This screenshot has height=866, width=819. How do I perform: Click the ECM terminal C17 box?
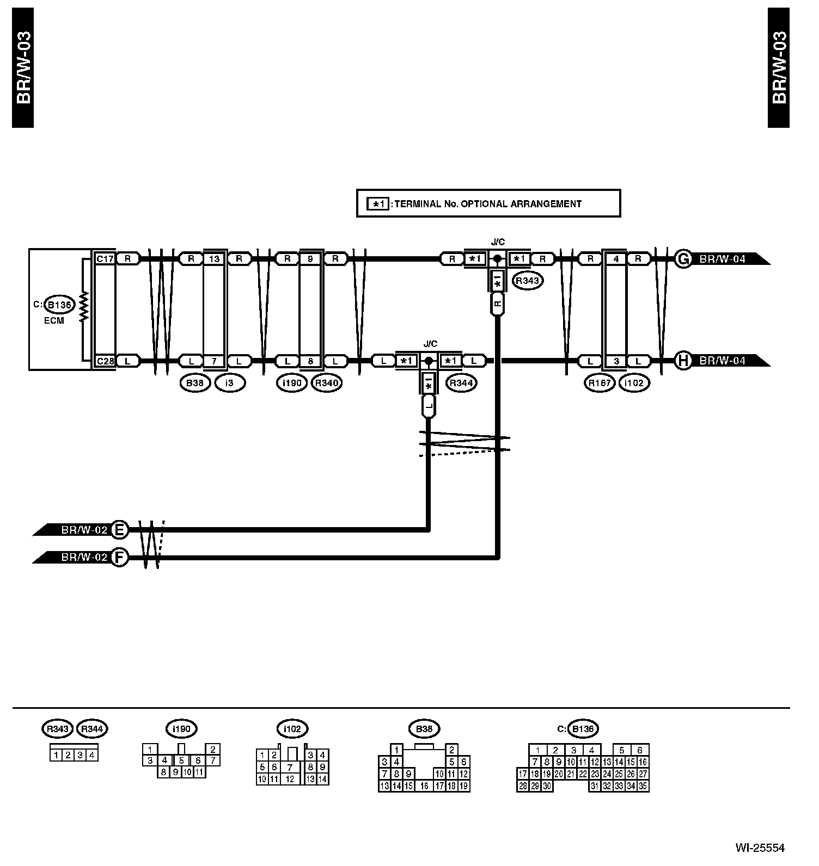point(105,259)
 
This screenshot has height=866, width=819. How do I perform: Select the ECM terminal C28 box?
point(105,361)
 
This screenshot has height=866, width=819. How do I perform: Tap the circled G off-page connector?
point(682,259)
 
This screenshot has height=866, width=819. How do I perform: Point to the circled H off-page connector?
point(682,361)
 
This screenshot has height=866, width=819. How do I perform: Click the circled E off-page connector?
point(119,529)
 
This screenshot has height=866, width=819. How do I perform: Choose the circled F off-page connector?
point(119,558)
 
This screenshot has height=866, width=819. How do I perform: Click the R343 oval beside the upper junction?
point(527,281)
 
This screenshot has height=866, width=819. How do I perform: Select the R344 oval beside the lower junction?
point(461,383)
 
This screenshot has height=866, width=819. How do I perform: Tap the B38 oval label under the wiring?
point(194,383)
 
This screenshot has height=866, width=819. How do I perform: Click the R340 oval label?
point(327,383)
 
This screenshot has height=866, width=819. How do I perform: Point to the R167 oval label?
point(600,383)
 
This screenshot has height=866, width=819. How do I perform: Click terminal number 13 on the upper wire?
point(215,259)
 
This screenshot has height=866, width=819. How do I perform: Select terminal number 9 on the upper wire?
point(310,259)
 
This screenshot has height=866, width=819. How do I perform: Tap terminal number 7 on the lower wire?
point(215,361)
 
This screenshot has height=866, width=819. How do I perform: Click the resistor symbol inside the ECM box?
point(84,307)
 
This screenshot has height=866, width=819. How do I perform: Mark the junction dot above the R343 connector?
point(497,259)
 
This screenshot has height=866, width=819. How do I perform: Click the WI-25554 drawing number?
point(760,848)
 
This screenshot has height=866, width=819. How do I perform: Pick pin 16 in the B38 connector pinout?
point(424,785)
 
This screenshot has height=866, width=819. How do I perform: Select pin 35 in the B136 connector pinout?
point(643,785)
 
